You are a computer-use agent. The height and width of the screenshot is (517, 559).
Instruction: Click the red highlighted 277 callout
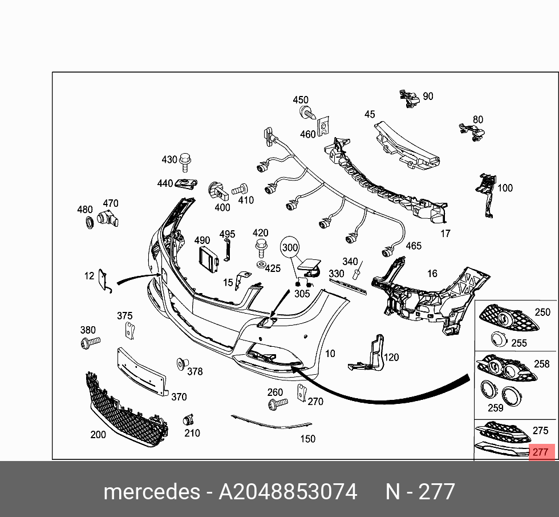(540, 452)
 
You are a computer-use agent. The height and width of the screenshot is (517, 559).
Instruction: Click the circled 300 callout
(290, 248)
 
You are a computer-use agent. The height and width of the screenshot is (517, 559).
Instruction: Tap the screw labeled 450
(306, 113)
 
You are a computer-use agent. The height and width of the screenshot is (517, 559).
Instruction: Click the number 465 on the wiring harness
(414, 246)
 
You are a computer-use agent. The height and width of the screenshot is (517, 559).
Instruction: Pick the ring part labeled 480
(89, 223)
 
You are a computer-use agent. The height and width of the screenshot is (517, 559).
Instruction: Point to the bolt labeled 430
(184, 162)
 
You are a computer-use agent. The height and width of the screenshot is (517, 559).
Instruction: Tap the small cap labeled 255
(500, 339)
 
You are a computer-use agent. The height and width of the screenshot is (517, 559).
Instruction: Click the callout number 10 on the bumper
(330, 354)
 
